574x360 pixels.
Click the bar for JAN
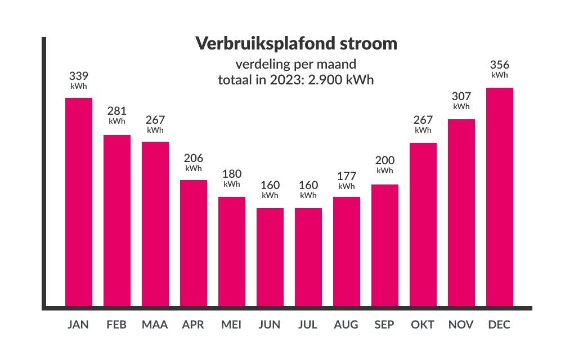(x=79, y=202)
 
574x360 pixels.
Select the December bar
(x=500, y=197)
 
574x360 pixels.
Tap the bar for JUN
(x=270, y=258)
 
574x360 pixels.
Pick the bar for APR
(x=194, y=244)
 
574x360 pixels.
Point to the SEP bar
(x=385, y=246)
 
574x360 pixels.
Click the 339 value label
(x=79, y=76)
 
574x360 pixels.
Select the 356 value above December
(x=500, y=65)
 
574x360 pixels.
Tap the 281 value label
(x=117, y=111)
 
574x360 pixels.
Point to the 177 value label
(x=347, y=177)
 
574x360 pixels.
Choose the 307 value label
(x=461, y=96)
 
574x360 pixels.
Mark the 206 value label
(x=194, y=158)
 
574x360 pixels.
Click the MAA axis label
(x=155, y=325)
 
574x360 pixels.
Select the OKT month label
(x=423, y=325)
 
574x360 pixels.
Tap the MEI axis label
(x=231, y=325)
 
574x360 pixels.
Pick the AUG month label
(x=346, y=325)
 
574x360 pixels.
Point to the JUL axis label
(x=308, y=325)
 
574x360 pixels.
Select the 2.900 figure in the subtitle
(x=326, y=80)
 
